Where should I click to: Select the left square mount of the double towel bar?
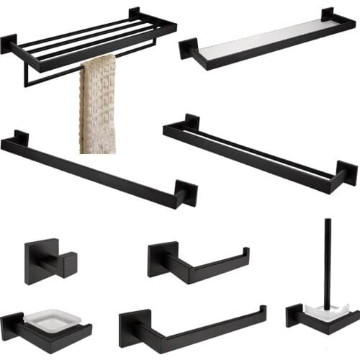192,122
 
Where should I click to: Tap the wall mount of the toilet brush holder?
296,315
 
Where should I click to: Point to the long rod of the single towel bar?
94,168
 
